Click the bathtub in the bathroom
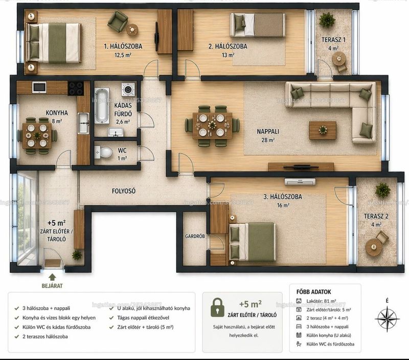pos(102,106)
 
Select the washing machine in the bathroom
pos(128,89)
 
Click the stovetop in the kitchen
pos(76,88)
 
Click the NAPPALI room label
pos(268,131)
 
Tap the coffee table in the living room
pos(323,130)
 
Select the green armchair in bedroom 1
pos(118,21)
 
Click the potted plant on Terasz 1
pos(327,19)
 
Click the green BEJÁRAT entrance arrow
pos(52,277)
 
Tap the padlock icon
pos(218,307)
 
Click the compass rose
pos(388,318)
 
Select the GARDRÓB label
pos(195,236)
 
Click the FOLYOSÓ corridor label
pos(124,191)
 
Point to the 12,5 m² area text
pos(123,55)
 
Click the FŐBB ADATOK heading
pos(313,292)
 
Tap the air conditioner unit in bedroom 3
pos(300,182)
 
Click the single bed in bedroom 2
pos(258,25)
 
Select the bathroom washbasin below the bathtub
pos(114,132)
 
